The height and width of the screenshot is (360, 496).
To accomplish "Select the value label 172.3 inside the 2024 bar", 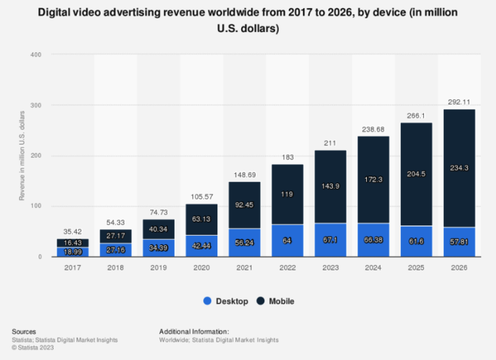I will pyautogui.click(x=374, y=179).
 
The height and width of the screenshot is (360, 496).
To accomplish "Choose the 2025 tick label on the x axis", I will pyautogui.click(x=416, y=269).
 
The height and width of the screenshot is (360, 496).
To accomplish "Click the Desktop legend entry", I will pyautogui.click(x=227, y=301).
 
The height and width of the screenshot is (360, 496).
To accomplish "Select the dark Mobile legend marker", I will pyautogui.click(x=260, y=301).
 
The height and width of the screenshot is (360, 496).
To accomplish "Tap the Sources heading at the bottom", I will pyautogui.click(x=24, y=331).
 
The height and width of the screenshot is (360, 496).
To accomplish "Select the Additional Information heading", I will pyautogui.click(x=194, y=331).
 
